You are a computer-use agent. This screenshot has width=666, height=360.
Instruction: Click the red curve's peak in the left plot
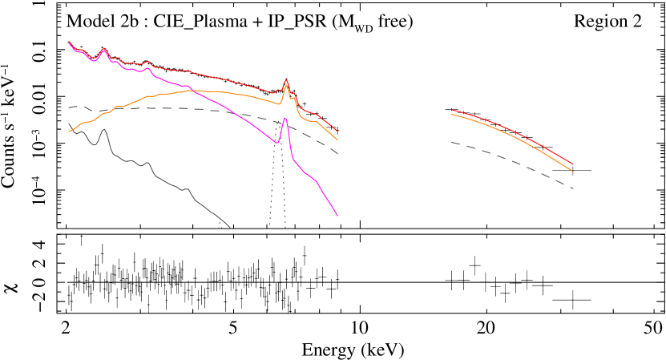(286, 80)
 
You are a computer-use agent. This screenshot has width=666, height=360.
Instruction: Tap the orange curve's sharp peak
(286, 85)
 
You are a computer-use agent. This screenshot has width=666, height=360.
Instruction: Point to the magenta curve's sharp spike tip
(285, 118)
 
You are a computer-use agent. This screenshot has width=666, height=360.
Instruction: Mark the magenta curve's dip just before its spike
(276, 143)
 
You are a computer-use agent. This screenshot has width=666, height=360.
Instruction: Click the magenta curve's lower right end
(337, 216)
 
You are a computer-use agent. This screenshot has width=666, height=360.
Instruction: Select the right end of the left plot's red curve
(337, 131)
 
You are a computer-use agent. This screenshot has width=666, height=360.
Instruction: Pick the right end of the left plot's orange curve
(337, 140)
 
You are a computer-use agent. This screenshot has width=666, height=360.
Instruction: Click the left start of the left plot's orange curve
(69, 131)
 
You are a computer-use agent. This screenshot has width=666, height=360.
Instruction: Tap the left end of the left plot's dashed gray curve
(69, 107)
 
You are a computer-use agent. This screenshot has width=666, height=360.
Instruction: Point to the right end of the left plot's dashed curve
(337, 152)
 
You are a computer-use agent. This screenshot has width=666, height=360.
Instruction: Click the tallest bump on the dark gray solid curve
(104, 130)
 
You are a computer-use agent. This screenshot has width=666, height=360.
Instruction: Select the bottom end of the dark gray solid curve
(231, 228)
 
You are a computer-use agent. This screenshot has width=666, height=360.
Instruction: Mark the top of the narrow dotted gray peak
(278, 122)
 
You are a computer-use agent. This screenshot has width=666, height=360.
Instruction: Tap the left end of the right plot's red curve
(452, 110)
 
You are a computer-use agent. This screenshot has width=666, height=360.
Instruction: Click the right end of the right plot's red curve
(573, 164)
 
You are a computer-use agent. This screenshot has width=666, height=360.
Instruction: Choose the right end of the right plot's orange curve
(573, 171)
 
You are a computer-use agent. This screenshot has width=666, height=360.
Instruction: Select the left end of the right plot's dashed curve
(452, 143)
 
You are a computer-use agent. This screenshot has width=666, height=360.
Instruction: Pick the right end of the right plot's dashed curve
(573, 188)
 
